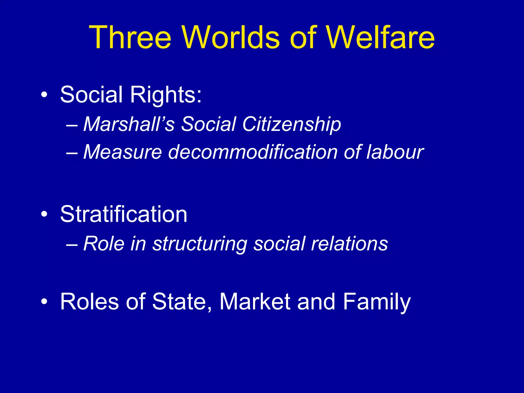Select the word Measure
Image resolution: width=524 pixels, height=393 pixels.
123,152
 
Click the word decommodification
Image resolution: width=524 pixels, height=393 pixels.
253,152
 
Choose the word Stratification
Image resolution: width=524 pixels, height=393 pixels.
124,214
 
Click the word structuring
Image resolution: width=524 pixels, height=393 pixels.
200,244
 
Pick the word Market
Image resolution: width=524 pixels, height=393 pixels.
255,302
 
